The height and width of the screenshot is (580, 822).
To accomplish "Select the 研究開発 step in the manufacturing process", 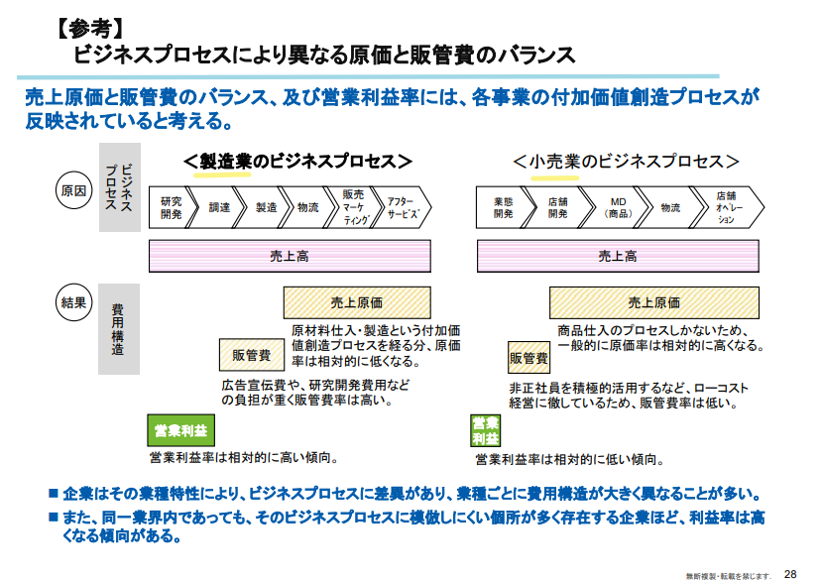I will pos(171,207).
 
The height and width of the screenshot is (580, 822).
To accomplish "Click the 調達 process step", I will pos(219,207).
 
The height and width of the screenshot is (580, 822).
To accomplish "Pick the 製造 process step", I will pos(266,207).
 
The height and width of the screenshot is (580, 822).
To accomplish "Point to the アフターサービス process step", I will pos(404,207).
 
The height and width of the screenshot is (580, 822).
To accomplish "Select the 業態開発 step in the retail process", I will pos(503,207).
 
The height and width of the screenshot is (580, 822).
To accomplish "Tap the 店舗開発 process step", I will pos(558,207).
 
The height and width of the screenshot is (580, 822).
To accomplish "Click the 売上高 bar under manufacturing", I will pos(290,256).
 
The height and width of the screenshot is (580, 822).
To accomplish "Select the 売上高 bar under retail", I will pos(618,256).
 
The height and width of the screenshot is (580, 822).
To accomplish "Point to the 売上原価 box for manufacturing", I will pos(357,302).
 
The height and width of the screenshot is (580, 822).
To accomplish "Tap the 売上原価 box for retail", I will pos(654,302).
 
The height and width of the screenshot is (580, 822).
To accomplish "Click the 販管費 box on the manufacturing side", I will pos(252,355).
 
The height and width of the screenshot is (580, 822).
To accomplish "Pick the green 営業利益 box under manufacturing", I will pos(180,430).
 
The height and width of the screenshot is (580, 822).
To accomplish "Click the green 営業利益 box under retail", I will pos(485,430).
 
